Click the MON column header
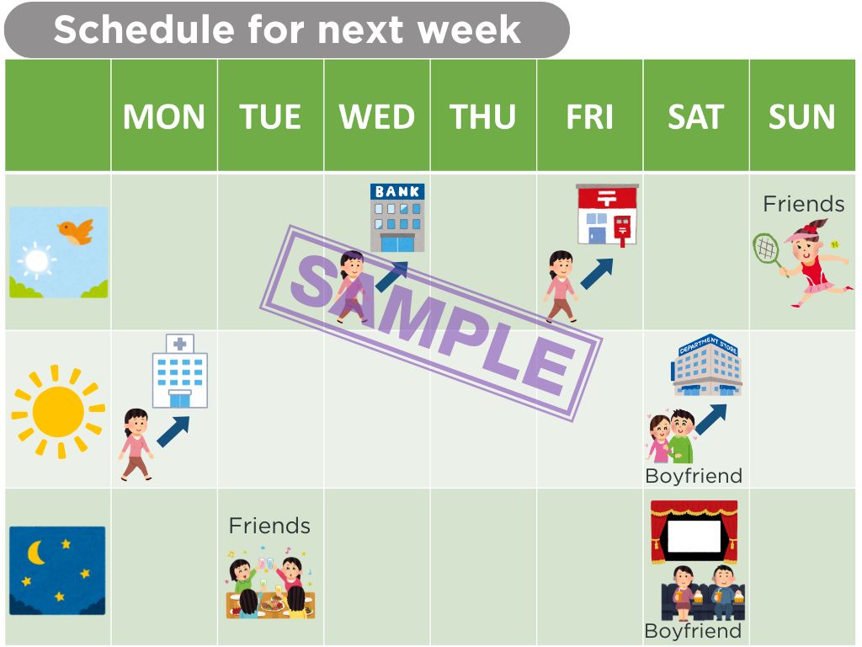tap(164, 116)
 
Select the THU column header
tap(482, 116)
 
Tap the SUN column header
tap(801, 116)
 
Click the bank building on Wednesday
tap(397, 218)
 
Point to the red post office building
tap(607, 215)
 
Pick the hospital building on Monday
tap(180, 371)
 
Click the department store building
tap(707, 365)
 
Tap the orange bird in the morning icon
tap(76, 232)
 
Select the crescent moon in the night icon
tap(35, 553)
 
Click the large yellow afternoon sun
tap(58, 411)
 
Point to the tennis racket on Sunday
tap(767, 251)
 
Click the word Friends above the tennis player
tap(803, 204)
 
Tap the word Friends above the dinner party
tap(269, 526)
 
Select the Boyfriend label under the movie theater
tap(693, 630)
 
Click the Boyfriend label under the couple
tap(694, 475)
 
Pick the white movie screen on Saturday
tap(694, 536)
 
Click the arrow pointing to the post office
tap(597, 274)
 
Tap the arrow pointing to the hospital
tap(173, 431)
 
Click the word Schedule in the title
tap(144, 29)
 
